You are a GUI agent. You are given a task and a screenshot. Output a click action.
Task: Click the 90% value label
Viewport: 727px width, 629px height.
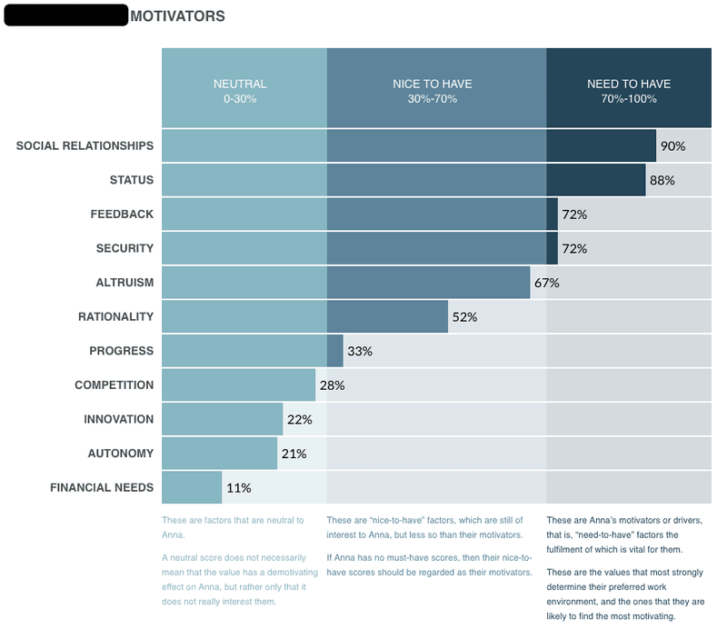pyautogui.click(x=672, y=145)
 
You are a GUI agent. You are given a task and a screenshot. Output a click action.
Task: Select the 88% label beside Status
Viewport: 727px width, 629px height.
pyautogui.click(x=662, y=180)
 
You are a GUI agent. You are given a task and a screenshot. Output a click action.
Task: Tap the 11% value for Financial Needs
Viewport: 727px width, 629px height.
pyautogui.click(x=238, y=487)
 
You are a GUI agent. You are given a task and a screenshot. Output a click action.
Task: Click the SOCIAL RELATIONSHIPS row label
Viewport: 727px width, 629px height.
pyautogui.click(x=85, y=145)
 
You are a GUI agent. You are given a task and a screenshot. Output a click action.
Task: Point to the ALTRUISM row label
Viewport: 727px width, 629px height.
pyautogui.click(x=124, y=283)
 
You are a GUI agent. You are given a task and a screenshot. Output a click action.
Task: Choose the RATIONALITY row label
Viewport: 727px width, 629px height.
pyautogui.click(x=115, y=316)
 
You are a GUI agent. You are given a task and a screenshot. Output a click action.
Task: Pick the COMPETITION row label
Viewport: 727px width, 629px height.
pyautogui.click(x=114, y=384)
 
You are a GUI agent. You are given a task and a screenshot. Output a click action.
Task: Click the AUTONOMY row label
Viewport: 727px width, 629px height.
pyautogui.click(x=120, y=453)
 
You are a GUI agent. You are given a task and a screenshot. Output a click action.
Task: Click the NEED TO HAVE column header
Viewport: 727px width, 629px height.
pyautogui.click(x=628, y=90)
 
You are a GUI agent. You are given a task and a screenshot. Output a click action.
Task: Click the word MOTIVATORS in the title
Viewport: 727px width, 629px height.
pyautogui.click(x=177, y=16)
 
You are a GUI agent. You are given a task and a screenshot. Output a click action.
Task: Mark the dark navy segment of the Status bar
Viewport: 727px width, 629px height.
pyautogui.click(x=596, y=180)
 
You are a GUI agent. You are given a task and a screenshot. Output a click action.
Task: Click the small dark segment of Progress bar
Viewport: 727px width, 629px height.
pyautogui.click(x=334, y=351)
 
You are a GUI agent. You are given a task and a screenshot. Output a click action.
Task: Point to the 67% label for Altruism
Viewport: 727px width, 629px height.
pyautogui.click(x=546, y=283)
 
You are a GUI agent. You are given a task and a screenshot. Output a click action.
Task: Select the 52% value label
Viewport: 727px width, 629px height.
pyautogui.click(x=464, y=316)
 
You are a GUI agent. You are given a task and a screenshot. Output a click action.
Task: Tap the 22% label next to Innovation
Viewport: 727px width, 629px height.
pyautogui.click(x=299, y=419)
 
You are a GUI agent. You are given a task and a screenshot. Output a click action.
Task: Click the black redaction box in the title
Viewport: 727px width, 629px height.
pyautogui.click(x=65, y=15)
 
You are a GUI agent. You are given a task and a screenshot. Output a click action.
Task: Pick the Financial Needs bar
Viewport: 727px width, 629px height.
pyautogui.click(x=192, y=487)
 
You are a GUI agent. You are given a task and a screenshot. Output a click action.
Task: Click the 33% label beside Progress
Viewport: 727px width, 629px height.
pyautogui.click(x=360, y=351)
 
